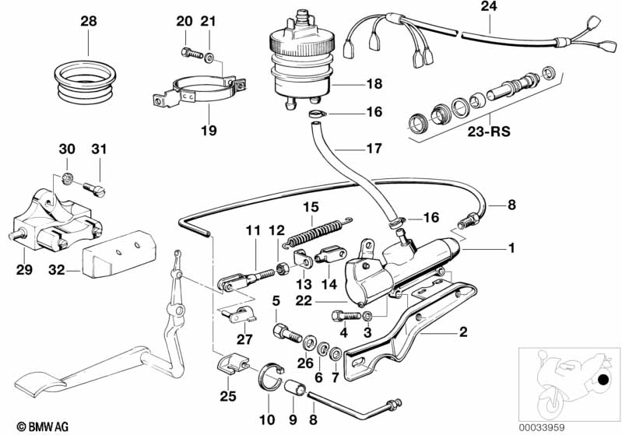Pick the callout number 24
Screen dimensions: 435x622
(x=487, y=8)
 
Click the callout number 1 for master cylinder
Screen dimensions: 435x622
(x=511, y=249)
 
